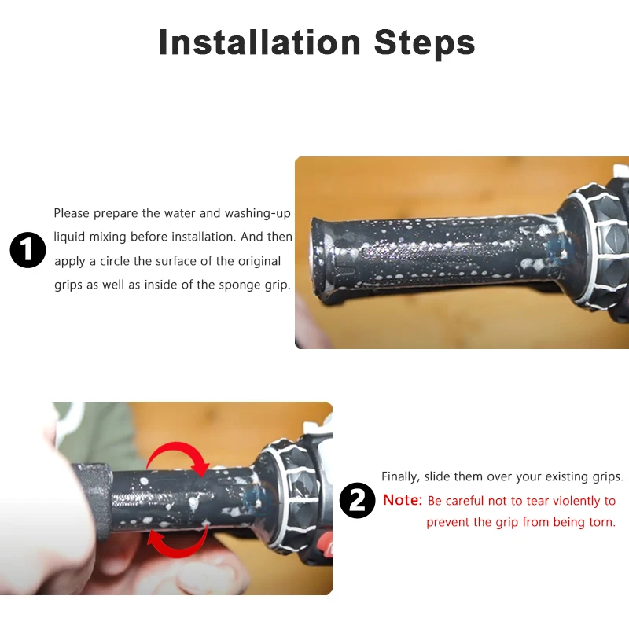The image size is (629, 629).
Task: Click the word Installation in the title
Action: coord(259,42)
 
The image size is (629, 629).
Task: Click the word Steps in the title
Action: coord(425,43)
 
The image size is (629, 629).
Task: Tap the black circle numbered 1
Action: coord(28,249)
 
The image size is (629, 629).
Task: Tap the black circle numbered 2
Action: coord(358,500)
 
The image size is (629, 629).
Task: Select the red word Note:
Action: coord(403,500)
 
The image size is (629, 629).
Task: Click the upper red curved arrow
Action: coord(179,458)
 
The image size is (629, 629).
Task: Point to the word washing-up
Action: coord(258,213)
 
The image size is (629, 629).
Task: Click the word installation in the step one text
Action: coord(204,237)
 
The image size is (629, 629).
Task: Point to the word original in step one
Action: coord(259,262)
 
